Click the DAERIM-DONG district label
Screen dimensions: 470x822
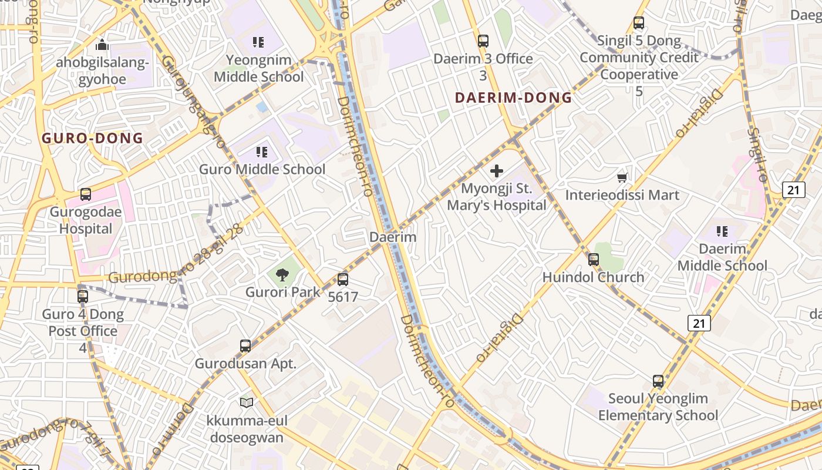[514, 98]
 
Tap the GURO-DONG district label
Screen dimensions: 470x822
[92, 139]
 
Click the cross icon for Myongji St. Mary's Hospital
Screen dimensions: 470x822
[497, 171]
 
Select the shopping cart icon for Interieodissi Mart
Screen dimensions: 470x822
[622, 177]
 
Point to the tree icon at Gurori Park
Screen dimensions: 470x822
[282, 274]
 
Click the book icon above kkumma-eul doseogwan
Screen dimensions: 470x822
[247, 402]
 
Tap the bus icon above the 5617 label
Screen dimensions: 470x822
[343, 280]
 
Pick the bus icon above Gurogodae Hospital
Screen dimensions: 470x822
[86, 194]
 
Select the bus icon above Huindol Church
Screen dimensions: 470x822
[594, 260]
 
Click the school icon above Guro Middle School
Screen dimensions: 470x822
[262, 153]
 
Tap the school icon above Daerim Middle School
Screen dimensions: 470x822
[722, 231]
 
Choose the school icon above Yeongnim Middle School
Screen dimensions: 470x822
[258, 42]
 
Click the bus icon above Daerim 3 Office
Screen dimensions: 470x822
[483, 41]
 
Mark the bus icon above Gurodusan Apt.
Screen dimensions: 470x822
[245, 346]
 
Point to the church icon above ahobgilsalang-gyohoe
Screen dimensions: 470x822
[102, 45]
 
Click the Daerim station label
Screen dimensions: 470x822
[393, 237]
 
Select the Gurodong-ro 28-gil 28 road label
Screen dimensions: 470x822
[176, 256]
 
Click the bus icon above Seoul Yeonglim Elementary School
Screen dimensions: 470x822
[658, 381]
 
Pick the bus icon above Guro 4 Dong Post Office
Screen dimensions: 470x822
[83, 297]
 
